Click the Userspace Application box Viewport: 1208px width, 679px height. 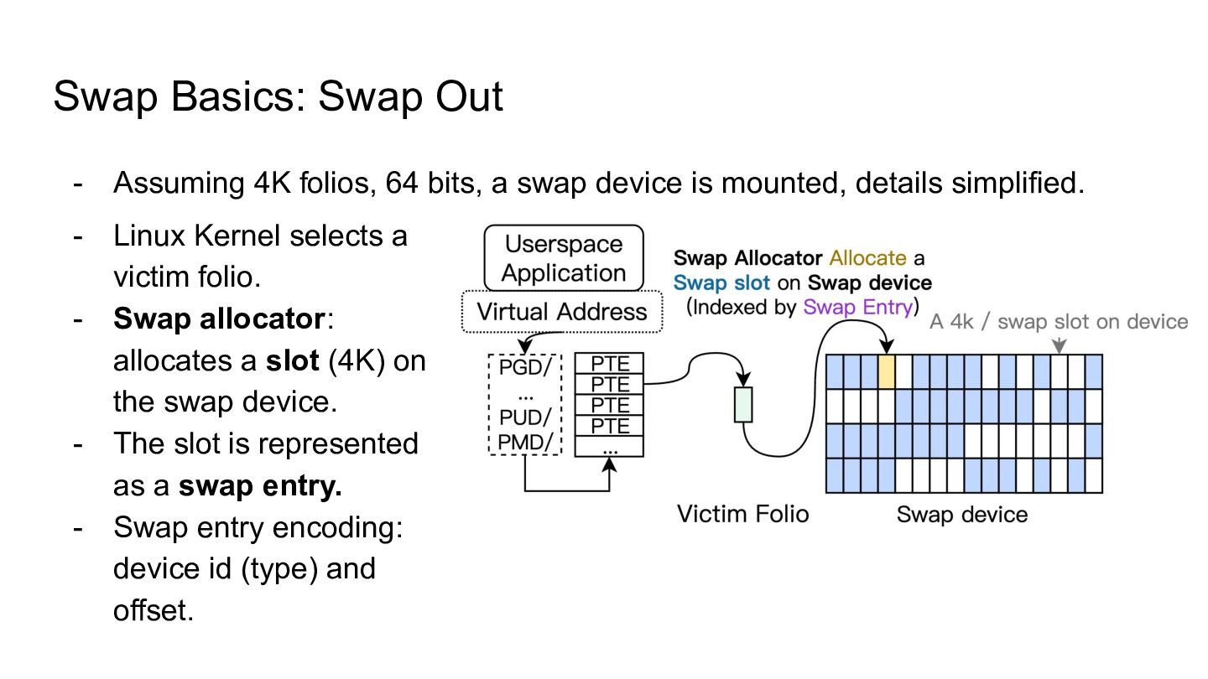tap(564, 258)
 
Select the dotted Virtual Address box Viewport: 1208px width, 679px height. tap(562, 312)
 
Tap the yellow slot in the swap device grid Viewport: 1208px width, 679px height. tap(887, 371)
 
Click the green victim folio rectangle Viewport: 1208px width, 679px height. tap(743, 404)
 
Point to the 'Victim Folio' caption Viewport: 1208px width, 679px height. tap(742, 514)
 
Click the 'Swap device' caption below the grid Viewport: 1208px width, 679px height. tap(962, 514)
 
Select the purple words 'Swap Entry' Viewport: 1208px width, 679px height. tap(858, 307)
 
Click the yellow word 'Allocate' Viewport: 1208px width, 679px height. tap(867, 257)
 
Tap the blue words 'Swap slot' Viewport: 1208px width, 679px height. tap(721, 282)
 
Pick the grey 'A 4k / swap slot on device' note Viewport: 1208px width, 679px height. tap(1059, 322)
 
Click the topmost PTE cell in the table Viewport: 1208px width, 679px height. tap(609, 363)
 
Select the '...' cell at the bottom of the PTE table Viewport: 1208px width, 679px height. tap(609, 447)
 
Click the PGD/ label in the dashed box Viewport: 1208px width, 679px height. tap(525, 367)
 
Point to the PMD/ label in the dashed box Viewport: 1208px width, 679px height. tap(525, 443)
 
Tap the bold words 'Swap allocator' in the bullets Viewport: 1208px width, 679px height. tap(219, 319)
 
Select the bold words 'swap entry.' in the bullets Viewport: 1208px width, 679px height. tap(260, 485)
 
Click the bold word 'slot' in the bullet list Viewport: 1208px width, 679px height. tap(292, 360)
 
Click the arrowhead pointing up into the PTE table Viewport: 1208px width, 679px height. tap(609, 465)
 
